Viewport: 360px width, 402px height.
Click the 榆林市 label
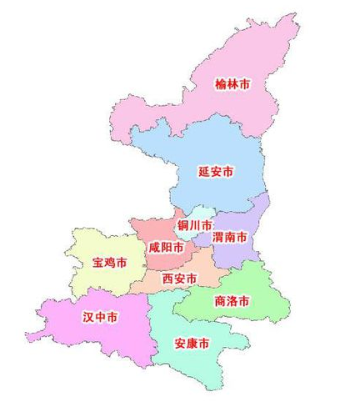(x=232, y=84)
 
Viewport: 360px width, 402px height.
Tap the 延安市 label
(x=216, y=172)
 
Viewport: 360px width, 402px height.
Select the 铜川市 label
(x=193, y=226)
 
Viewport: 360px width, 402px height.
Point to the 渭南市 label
(x=230, y=238)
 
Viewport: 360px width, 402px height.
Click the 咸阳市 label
(x=166, y=248)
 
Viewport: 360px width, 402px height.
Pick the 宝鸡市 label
(x=110, y=263)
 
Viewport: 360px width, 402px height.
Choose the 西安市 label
(x=180, y=278)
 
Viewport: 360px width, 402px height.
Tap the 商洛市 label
(x=232, y=301)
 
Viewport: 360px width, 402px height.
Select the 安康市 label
(x=192, y=344)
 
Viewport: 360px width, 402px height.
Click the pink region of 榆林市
(x=250, y=50)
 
